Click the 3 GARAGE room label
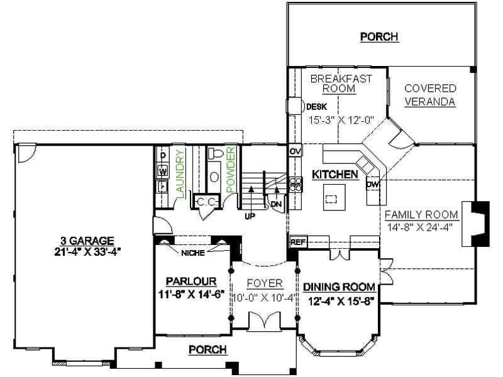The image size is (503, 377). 87,240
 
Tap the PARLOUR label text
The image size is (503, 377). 192,281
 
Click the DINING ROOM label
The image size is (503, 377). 340,287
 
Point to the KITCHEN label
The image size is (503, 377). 335,174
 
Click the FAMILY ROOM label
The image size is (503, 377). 421,214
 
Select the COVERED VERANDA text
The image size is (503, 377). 430,95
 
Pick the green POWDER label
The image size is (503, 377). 230,170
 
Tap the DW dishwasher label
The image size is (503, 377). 373,184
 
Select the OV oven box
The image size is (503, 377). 295,151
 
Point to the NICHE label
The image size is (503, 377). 192,254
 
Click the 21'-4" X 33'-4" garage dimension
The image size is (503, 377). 87,250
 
